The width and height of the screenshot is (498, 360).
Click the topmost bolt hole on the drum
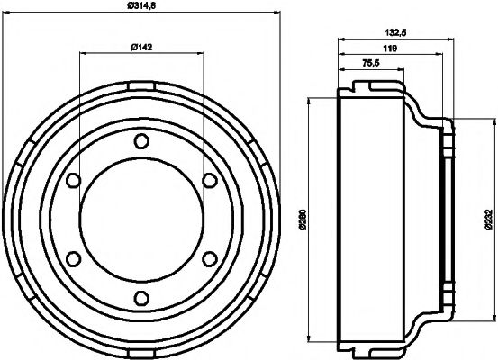coord(140,141)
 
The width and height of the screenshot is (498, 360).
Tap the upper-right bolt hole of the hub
coord(209,181)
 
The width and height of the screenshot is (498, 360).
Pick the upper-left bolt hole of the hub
coord(72,181)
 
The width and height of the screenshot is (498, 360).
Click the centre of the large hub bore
coord(140,220)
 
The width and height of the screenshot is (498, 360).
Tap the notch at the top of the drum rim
coord(140,85)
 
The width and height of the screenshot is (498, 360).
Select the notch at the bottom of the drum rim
coord(140,355)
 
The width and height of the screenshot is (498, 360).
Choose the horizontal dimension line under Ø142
coord(140,53)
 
